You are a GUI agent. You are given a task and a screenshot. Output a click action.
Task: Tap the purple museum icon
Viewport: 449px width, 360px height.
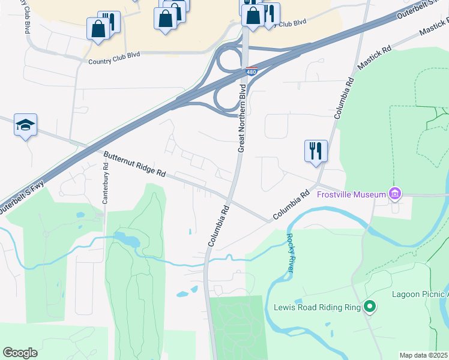[394, 193]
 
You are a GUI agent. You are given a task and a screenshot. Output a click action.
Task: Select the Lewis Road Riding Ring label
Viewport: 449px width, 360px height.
[317, 308]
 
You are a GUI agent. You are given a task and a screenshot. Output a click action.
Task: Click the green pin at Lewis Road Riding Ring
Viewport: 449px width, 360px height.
[370, 308]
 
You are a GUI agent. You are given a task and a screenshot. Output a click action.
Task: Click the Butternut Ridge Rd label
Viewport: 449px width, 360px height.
[134, 164]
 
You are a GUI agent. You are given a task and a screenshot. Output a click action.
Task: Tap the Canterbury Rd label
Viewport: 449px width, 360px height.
[106, 188]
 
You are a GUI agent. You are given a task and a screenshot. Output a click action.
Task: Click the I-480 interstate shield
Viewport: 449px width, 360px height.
[252, 71]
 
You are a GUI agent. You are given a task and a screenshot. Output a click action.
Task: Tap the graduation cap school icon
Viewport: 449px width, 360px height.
[25, 125]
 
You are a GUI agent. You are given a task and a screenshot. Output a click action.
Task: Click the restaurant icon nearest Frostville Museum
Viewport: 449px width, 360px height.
[316, 151]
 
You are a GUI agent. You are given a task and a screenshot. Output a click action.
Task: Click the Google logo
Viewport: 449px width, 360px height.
[20, 352]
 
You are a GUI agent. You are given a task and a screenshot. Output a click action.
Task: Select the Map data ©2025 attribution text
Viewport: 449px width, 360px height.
[423, 355]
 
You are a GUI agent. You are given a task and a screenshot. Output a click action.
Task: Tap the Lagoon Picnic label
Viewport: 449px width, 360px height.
[420, 294]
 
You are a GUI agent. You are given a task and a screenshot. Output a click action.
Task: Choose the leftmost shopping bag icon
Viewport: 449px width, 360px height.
[97, 29]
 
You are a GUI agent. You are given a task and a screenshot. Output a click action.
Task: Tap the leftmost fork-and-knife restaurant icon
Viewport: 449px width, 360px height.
[109, 21]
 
